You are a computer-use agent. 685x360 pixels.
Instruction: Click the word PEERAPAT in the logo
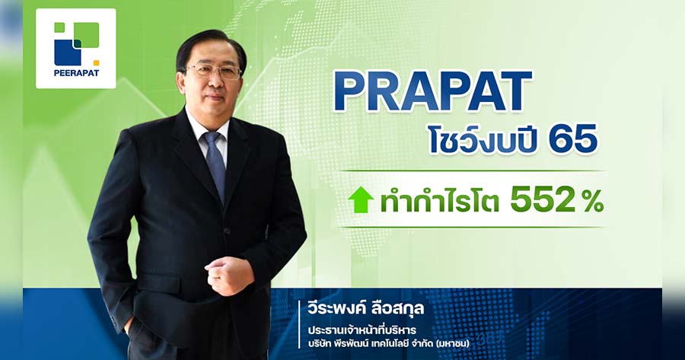(x=76, y=73)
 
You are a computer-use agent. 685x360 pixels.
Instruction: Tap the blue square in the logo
(x=67, y=53)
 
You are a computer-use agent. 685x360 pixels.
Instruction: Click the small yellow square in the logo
(x=96, y=62)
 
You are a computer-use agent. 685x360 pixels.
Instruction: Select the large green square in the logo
(x=87, y=34)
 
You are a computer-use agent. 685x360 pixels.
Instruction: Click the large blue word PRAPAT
(x=432, y=92)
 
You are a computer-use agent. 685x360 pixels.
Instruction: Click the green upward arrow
(x=361, y=200)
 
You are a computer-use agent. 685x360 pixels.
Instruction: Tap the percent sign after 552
(x=591, y=202)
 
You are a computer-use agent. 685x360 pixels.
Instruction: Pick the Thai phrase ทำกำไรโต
(x=439, y=201)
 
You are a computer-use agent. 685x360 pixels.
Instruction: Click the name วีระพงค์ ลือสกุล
(x=365, y=308)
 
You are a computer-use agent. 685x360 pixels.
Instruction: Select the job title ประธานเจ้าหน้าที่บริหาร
(x=362, y=329)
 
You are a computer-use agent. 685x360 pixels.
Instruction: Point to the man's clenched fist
(x=229, y=274)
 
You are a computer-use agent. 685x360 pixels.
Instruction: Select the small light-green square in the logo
(x=59, y=27)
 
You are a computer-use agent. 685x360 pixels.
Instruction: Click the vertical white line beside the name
(x=300, y=324)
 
